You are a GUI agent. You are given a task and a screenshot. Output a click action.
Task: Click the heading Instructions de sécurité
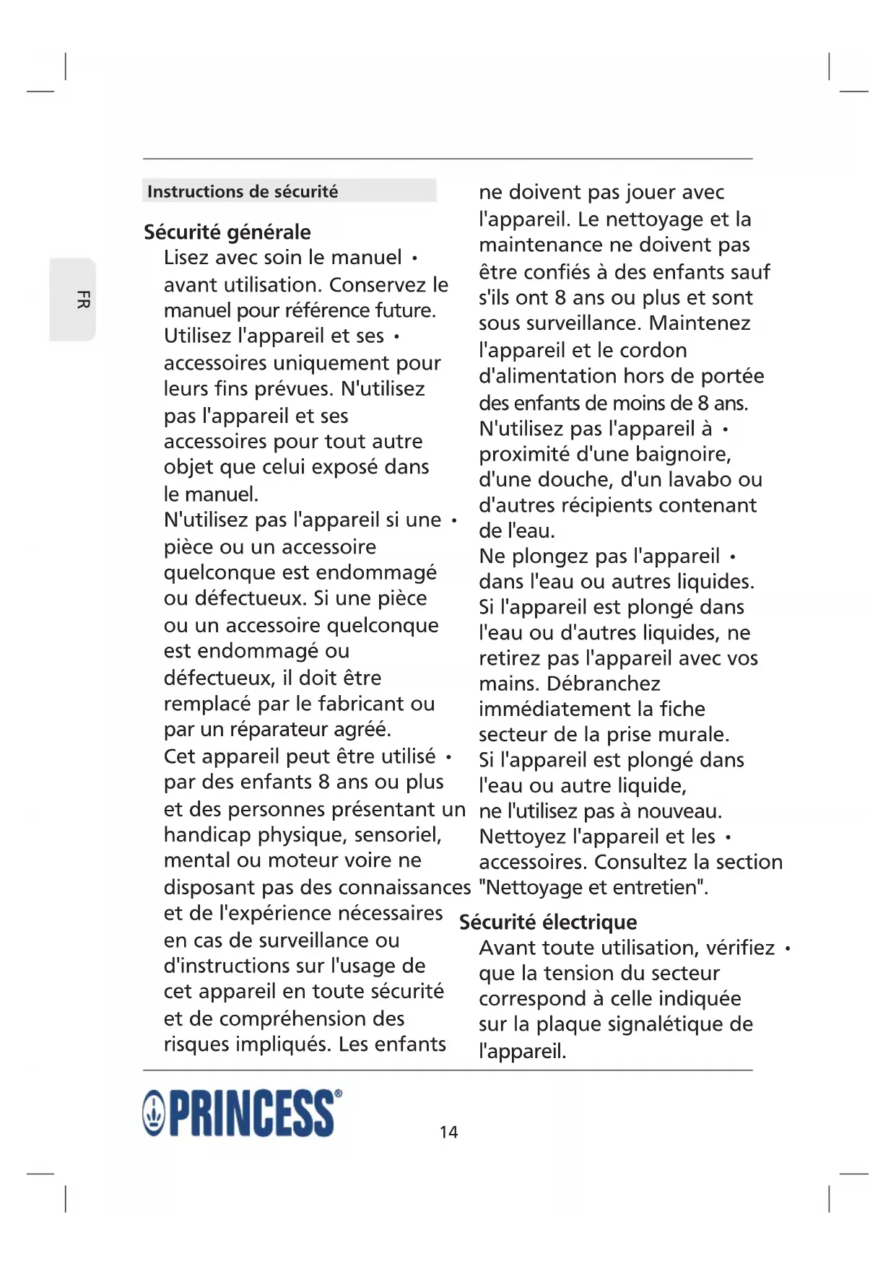pos(243,191)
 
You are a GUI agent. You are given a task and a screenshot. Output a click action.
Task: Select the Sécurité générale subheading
pos(227,232)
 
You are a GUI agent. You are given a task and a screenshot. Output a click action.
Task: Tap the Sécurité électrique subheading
pos(548,922)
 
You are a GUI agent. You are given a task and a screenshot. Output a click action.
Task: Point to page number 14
pos(448,1132)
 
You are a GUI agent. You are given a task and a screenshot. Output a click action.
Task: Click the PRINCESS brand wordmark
pos(252,1114)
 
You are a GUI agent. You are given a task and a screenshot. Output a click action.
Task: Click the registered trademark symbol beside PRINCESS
pos(339,1093)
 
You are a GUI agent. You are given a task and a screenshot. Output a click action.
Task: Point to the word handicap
pos(207,835)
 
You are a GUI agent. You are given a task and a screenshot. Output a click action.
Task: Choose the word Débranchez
pos(604,684)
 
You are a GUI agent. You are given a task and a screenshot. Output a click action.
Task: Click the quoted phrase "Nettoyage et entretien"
pos(593,887)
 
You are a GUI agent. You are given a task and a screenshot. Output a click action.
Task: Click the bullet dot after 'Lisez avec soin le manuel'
pos(414,258)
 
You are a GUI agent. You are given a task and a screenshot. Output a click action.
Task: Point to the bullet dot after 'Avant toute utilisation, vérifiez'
pos(787,948)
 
